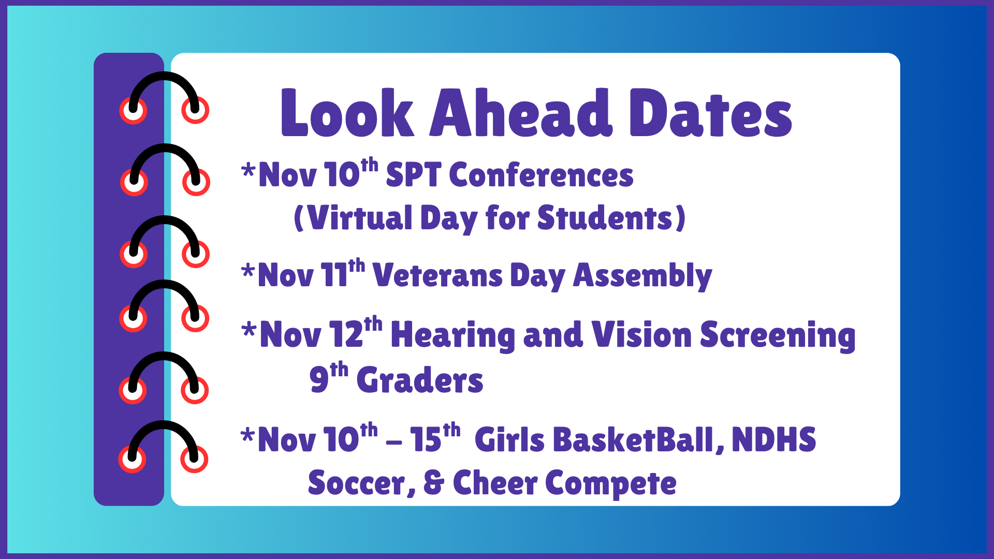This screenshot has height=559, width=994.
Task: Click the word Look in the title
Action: [347, 113]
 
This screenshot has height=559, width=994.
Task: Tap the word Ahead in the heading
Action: [521, 113]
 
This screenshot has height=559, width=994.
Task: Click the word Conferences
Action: [541, 175]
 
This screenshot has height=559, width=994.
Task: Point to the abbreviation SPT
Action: [414, 175]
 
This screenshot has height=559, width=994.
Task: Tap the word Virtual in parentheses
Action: [360, 218]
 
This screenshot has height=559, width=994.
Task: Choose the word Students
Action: [605, 218]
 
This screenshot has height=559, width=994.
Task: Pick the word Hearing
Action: [453, 335]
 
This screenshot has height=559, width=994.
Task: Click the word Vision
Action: [641, 335]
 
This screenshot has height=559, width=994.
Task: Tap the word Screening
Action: [778, 335]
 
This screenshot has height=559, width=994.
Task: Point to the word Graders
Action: [420, 380]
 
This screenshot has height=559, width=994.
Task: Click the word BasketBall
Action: [634, 440]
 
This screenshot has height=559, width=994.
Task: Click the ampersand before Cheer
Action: [434, 483]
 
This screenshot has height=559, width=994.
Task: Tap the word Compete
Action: [611, 484]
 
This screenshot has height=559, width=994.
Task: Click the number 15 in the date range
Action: [426, 440]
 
